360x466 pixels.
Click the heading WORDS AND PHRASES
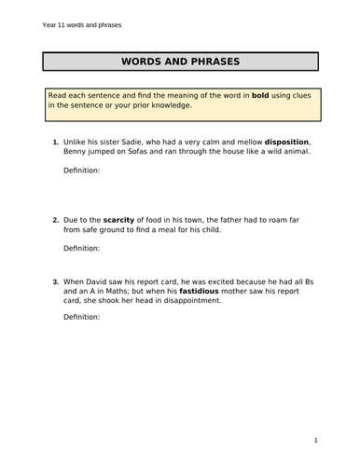[181, 62]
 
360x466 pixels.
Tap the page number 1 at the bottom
[317, 440]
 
